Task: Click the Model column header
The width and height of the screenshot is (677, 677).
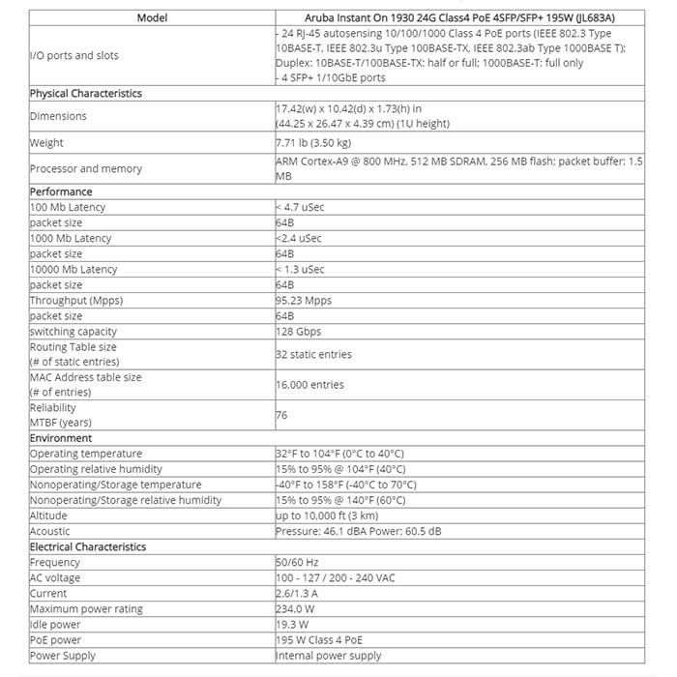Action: (152, 17)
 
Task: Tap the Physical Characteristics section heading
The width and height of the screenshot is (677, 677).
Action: (86, 94)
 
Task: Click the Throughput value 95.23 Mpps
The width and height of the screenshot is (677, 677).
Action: (304, 300)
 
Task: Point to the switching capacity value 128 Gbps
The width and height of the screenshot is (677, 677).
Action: (299, 332)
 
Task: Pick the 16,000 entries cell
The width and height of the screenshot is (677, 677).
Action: (310, 384)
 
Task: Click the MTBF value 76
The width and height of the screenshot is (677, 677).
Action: (281, 415)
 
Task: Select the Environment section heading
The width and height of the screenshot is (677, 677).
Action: (61, 438)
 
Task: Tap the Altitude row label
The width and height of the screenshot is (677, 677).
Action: (49, 515)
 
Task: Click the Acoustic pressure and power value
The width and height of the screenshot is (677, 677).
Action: (358, 531)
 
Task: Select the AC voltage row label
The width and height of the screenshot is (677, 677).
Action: (57, 577)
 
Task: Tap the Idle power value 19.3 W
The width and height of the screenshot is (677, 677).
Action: (293, 624)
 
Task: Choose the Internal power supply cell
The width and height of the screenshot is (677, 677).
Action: (328, 655)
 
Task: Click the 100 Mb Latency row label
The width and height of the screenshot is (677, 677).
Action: (68, 207)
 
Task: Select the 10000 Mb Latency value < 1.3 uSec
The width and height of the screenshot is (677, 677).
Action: (301, 269)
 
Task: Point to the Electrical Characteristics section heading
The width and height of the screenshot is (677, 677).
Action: (88, 546)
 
